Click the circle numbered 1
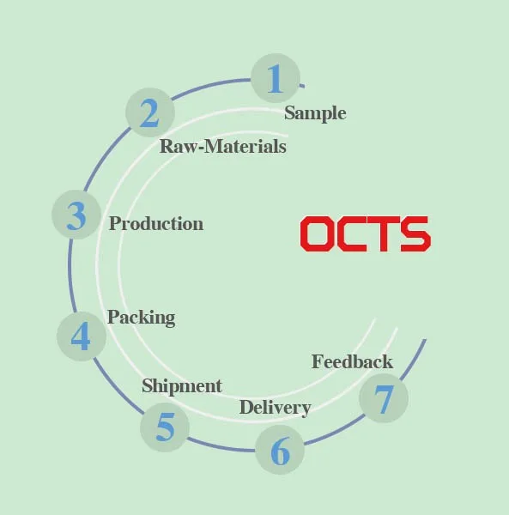pos(276,78)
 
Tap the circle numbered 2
pos(150,112)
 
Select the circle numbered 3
pos(76,215)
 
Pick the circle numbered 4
pos(82,336)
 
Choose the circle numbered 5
pos(165,427)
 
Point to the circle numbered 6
pos(280,450)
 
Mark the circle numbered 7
pos(384,398)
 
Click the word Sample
pos(315,113)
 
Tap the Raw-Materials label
pos(223,146)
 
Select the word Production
pos(156,224)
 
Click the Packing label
pos(142,318)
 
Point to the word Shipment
pos(182,386)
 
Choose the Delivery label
pos(276,409)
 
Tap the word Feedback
pos(352,362)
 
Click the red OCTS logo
pos(365,233)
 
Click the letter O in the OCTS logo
pos(316,233)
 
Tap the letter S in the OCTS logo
pos(415,233)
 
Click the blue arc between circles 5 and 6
pos(221,446)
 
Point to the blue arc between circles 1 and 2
pos(210,85)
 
